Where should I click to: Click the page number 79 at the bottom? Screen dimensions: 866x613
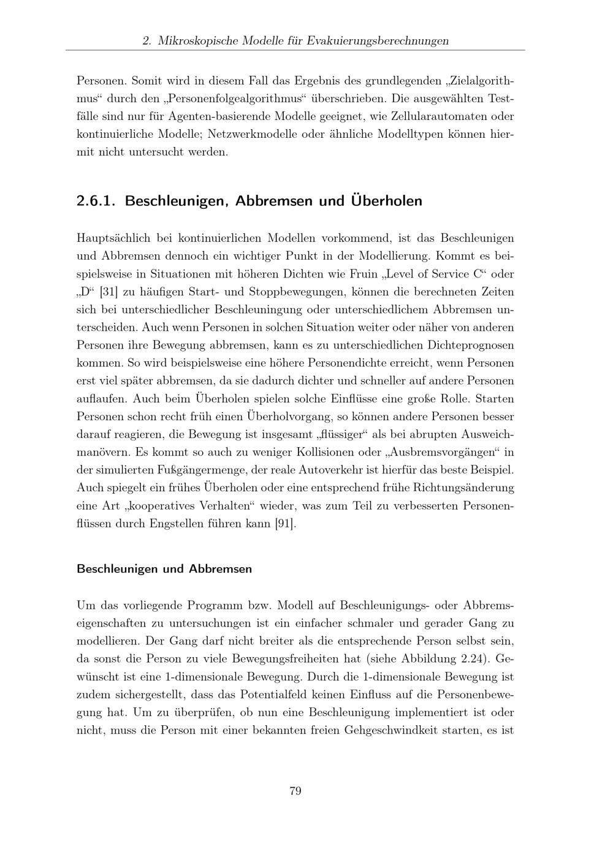coord(295,791)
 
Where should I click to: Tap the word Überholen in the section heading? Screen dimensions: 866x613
coord(386,201)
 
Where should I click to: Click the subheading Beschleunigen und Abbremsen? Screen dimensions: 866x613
coord(164,568)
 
